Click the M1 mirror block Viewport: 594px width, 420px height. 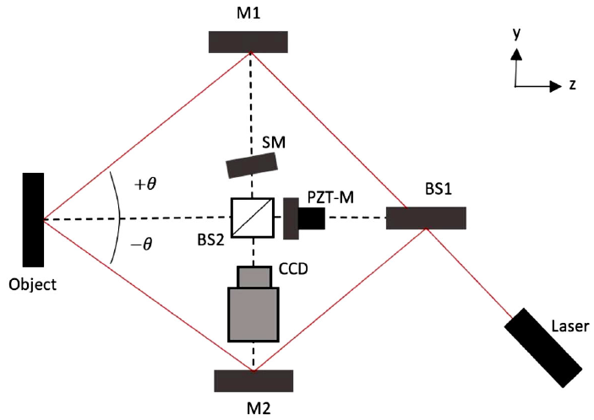(x=248, y=41)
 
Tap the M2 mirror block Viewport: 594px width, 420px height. (x=253, y=380)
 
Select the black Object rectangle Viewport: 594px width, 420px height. (x=33, y=219)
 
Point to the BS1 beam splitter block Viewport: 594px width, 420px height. (x=426, y=218)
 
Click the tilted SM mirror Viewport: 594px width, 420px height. (x=253, y=165)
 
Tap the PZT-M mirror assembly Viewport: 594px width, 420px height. (x=303, y=218)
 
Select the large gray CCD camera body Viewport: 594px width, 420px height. (x=253, y=313)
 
